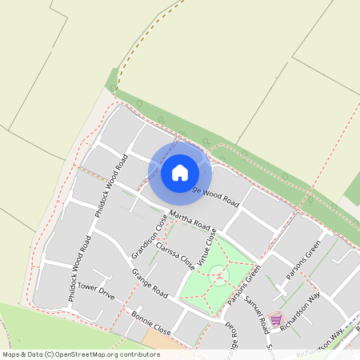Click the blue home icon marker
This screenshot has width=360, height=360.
(x=180, y=172)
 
